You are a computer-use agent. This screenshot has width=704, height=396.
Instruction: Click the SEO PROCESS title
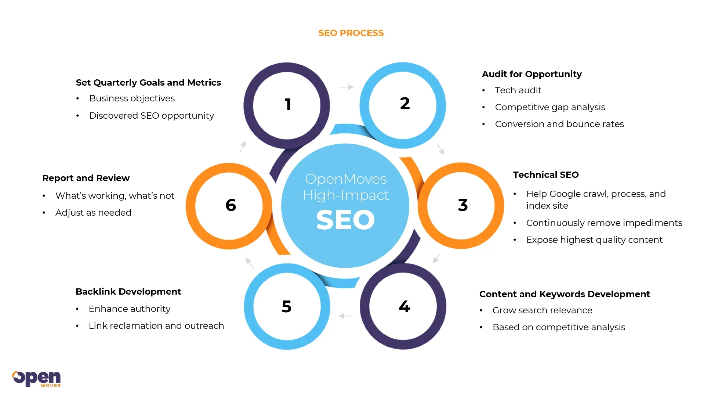(351, 33)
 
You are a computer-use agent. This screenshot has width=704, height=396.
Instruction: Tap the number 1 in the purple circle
(288, 105)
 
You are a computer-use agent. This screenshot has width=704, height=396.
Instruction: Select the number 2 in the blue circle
(405, 104)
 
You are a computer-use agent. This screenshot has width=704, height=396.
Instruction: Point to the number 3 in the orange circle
(463, 205)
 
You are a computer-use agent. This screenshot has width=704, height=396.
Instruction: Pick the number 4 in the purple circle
(404, 306)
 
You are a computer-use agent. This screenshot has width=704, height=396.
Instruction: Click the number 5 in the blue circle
(287, 306)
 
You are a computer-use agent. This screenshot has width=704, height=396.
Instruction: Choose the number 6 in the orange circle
(231, 205)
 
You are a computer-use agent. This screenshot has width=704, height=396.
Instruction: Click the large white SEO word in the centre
(345, 220)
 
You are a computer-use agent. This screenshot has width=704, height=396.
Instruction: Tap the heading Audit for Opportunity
(531, 74)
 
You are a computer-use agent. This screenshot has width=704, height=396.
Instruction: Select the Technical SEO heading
(545, 175)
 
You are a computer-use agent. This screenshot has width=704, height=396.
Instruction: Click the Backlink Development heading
(128, 292)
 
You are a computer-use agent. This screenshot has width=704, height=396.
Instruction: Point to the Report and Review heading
(86, 178)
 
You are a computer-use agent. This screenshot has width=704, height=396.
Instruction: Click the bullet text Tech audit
(518, 90)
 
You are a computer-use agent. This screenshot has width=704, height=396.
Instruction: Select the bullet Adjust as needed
(93, 213)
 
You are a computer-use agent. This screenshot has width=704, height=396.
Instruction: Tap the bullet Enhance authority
(130, 309)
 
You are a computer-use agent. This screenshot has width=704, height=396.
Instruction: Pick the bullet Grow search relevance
(542, 310)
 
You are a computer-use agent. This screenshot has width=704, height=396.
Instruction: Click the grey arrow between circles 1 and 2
(346, 87)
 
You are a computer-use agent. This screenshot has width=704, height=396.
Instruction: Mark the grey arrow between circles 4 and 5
(345, 316)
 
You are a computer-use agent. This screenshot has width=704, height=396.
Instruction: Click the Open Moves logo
(36, 378)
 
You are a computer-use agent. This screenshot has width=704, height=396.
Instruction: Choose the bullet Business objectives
(132, 98)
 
